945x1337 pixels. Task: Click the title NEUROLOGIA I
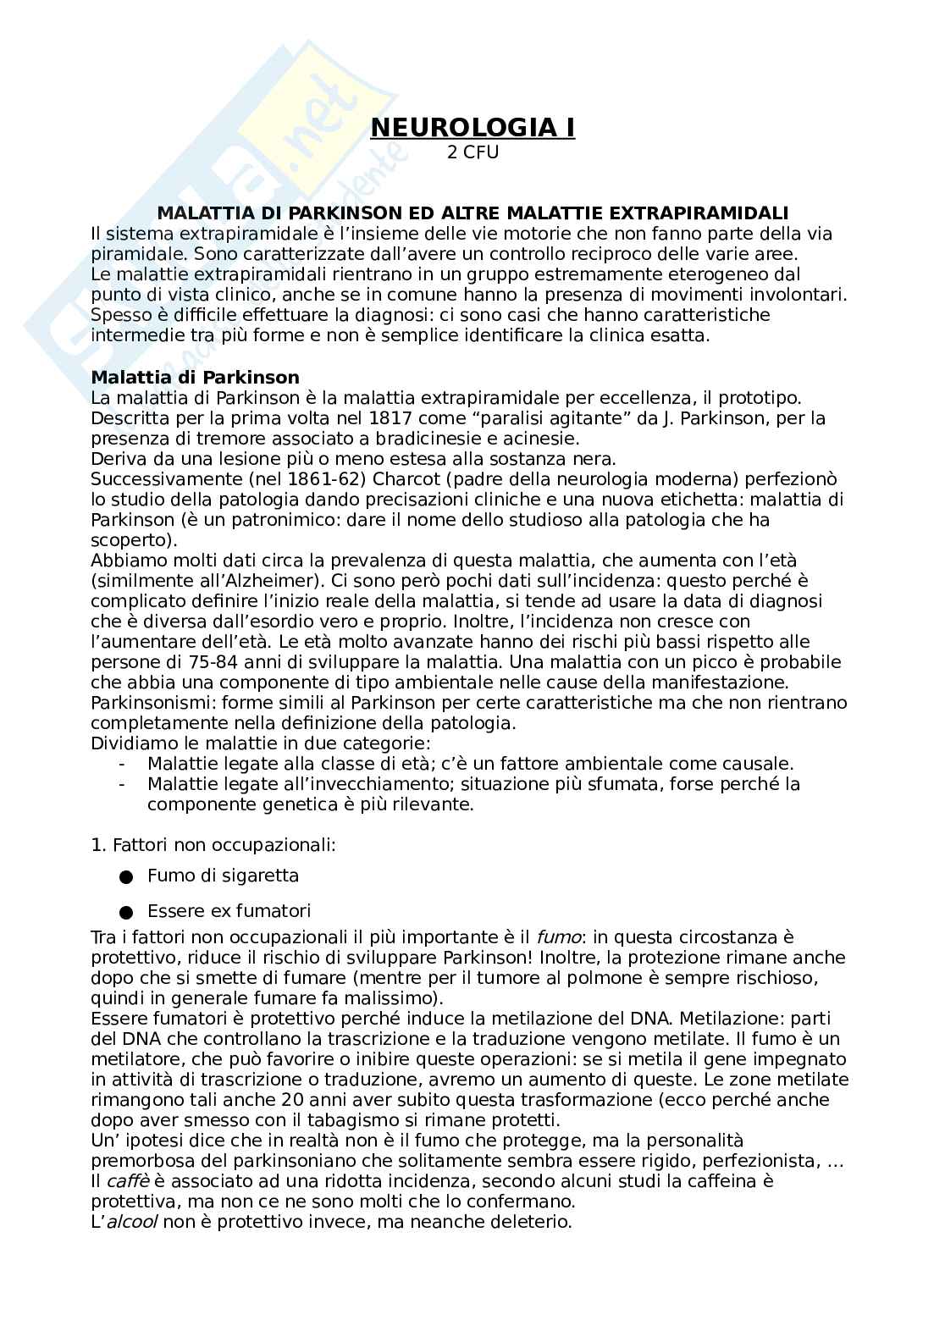[472, 128]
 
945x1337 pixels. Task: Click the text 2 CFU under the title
[472, 153]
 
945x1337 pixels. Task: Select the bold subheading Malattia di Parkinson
[195, 378]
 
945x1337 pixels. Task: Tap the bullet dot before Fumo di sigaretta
[126, 877]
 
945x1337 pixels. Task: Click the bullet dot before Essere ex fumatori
[126, 913]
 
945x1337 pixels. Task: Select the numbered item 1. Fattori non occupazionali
[213, 845]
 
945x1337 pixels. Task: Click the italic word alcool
[131, 1222]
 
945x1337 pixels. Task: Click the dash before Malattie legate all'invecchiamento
[125, 784]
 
